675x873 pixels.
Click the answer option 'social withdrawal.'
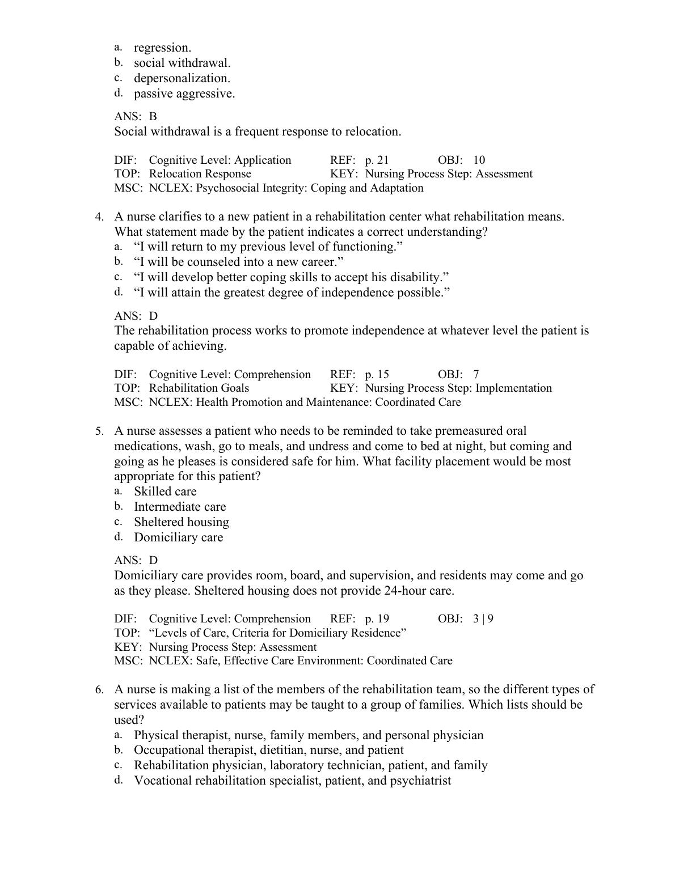(182, 63)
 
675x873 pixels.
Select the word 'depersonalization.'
(182, 78)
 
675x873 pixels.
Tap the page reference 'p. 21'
(377, 160)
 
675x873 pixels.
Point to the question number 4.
(99, 217)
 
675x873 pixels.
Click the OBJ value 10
(479, 160)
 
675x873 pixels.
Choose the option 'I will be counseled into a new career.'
(239, 262)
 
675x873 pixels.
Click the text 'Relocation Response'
(200, 174)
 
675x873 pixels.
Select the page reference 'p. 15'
(377, 375)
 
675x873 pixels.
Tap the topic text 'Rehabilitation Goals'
(199, 388)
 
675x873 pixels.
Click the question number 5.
(99, 431)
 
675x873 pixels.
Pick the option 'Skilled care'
(165, 491)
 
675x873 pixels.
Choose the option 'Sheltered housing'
(182, 522)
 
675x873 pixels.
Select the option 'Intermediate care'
(180, 507)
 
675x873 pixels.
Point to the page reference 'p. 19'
(377, 619)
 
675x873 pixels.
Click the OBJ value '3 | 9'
(483, 619)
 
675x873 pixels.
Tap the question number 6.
(99, 690)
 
